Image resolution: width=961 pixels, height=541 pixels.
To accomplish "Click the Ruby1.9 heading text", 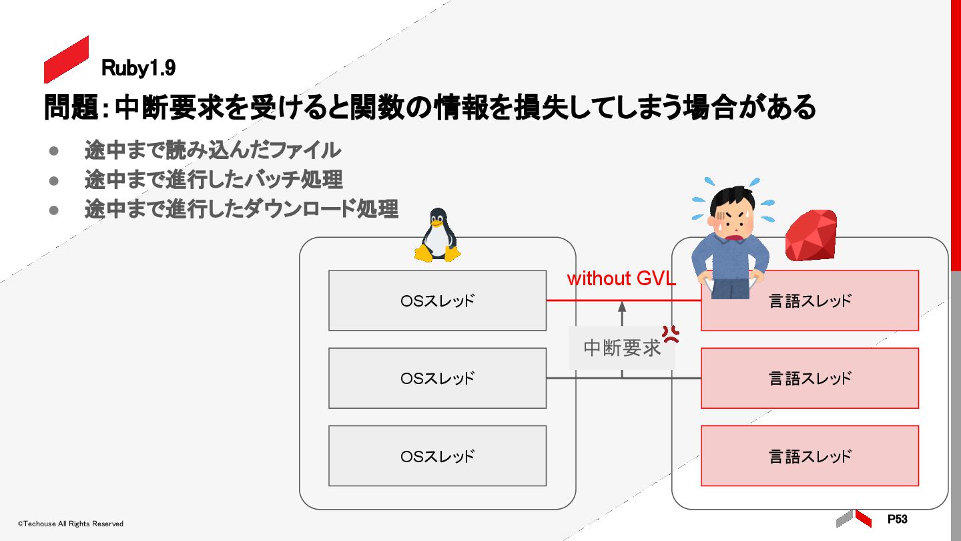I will tap(138, 67).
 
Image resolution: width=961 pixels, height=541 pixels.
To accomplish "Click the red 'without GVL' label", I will tap(621, 279).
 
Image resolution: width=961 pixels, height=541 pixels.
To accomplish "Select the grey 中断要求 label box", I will tap(621, 348).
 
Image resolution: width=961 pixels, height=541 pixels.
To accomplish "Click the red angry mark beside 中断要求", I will tap(670, 334).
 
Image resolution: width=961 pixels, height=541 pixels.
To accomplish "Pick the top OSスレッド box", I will tap(437, 301).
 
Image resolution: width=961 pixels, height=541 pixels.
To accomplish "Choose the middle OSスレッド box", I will tap(437, 378).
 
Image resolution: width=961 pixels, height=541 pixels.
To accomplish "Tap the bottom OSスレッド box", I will tap(437, 456).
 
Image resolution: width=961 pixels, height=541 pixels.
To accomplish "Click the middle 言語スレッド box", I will tap(810, 378).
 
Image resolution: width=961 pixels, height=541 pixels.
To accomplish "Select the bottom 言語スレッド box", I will tap(810, 456).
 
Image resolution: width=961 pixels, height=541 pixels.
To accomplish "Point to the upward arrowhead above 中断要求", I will tap(622, 306).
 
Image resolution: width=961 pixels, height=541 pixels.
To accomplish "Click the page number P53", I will tap(897, 519).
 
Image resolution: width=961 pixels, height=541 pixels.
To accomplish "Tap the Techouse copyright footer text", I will tap(71, 524).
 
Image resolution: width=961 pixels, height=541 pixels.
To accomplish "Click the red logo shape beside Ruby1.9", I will tap(66, 59).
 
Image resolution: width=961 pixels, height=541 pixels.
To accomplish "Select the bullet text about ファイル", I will tap(212, 150).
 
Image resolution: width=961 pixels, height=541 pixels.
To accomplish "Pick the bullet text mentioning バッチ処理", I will tap(214, 180).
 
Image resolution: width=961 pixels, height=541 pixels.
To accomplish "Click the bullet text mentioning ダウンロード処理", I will tap(241, 209).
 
